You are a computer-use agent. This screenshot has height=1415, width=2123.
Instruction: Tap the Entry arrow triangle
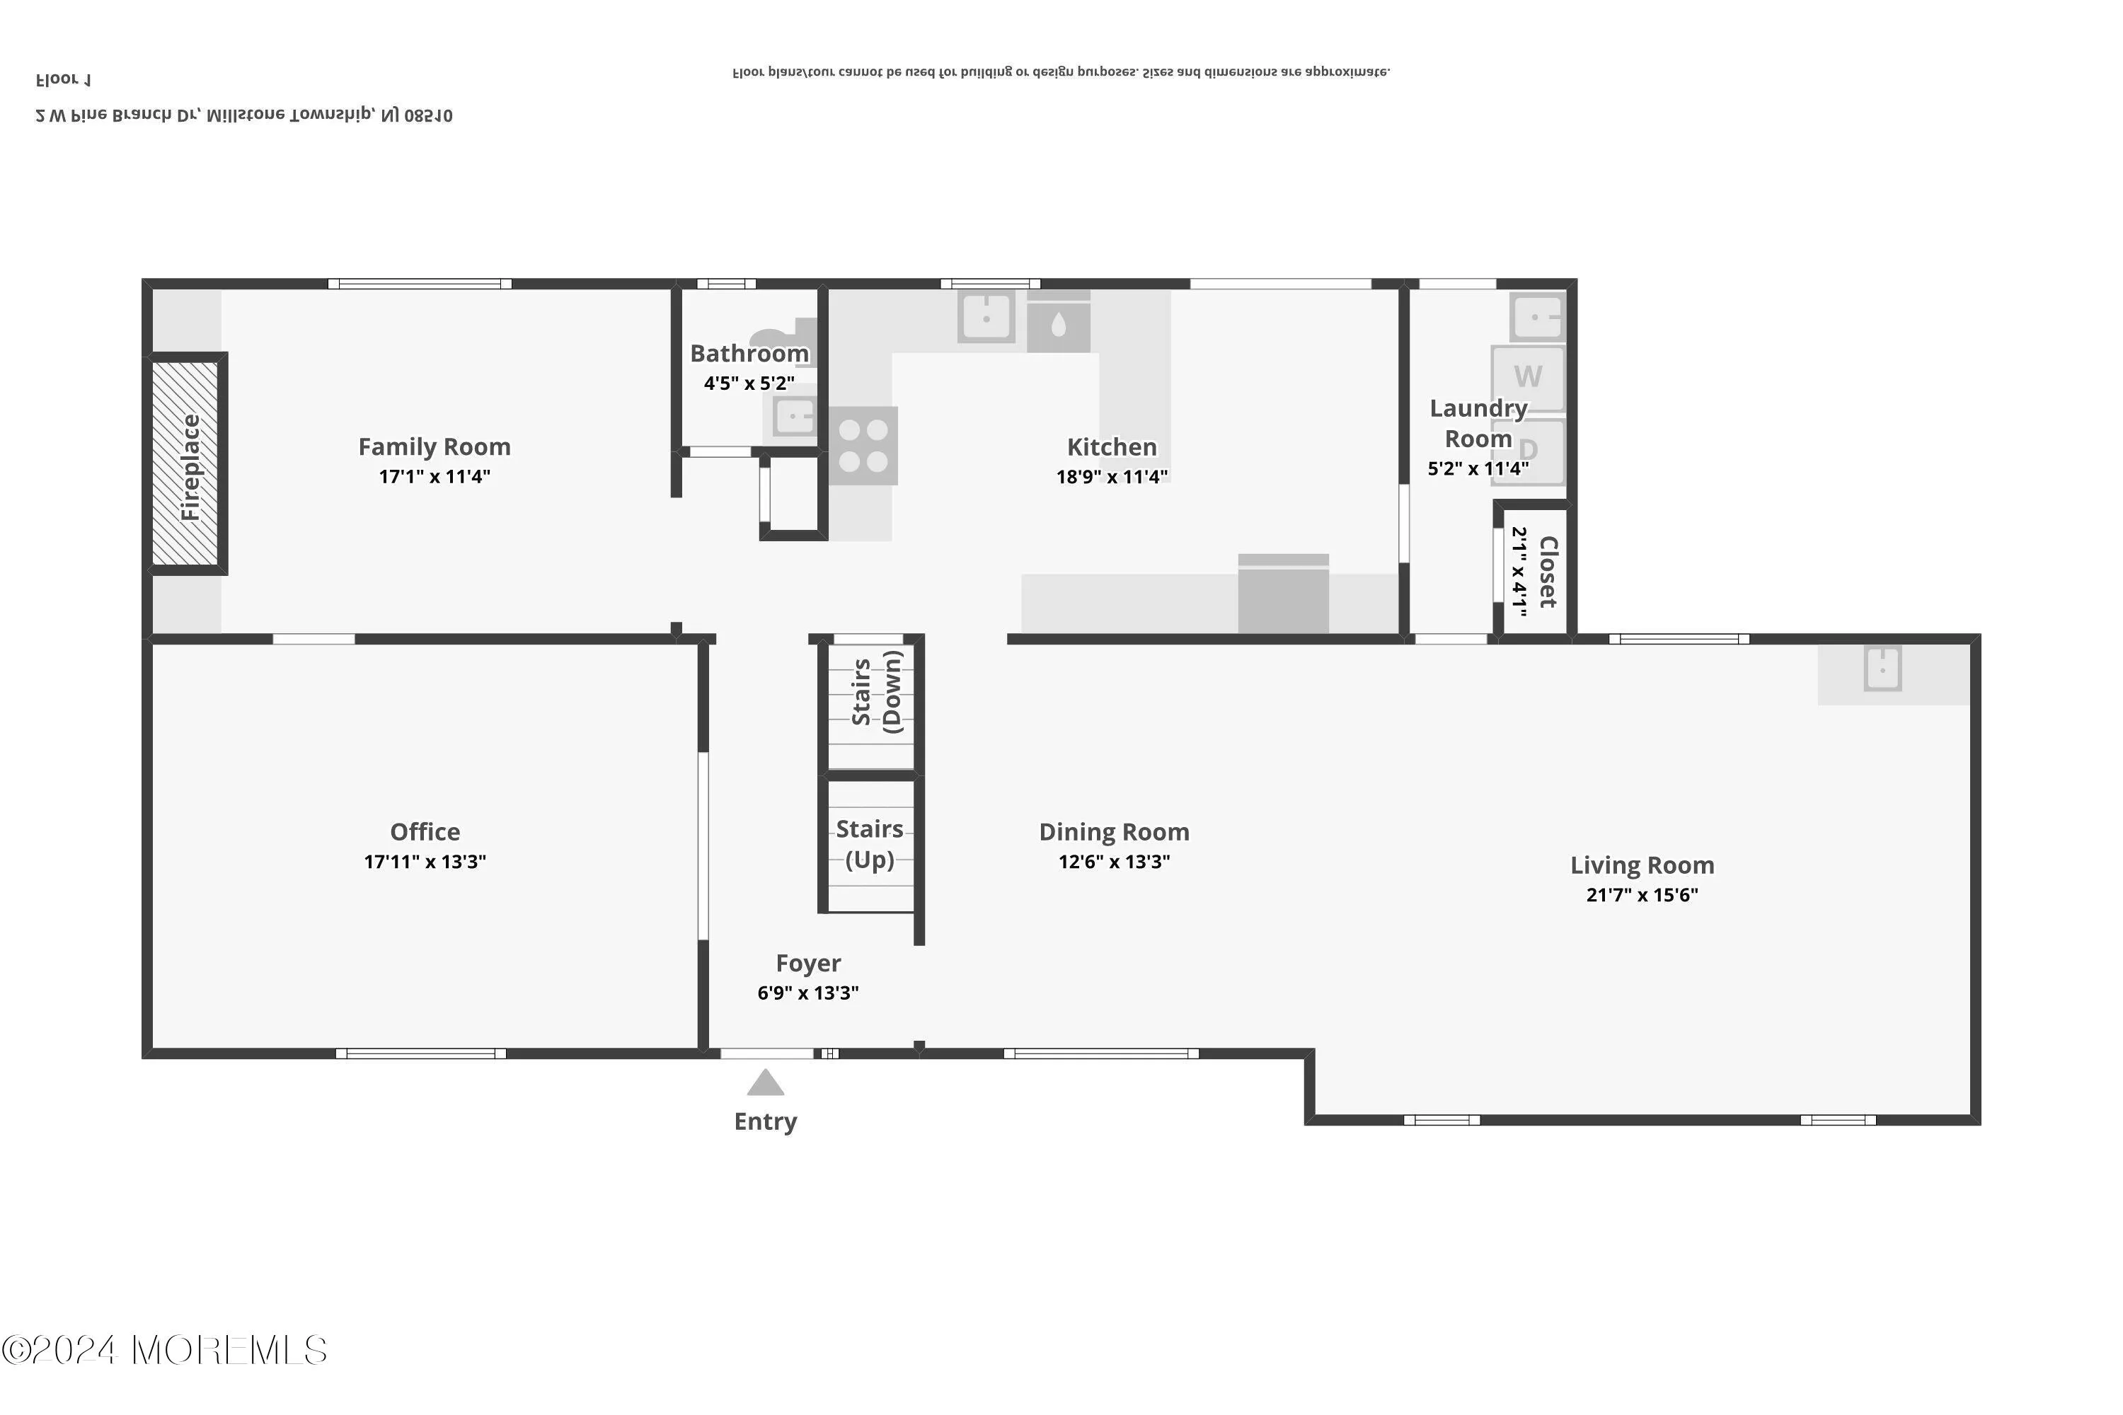[766, 1083]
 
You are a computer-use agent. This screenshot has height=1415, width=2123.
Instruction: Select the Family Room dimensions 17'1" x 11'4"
[435, 476]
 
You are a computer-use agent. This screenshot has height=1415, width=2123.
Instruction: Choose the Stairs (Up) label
[869, 844]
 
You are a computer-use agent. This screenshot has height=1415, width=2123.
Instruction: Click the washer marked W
[1527, 376]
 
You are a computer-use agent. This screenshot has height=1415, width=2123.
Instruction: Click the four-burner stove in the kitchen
[863, 446]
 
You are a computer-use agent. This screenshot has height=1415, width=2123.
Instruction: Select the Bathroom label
[749, 354]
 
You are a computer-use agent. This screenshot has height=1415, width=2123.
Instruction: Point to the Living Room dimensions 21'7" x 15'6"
[1642, 895]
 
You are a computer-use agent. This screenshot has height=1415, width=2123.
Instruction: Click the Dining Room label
[1114, 831]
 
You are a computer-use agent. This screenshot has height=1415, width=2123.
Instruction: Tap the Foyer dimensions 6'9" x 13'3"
[808, 993]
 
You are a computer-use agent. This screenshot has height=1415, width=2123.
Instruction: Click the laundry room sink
[1536, 317]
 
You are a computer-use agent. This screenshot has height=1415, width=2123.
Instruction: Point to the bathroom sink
[794, 417]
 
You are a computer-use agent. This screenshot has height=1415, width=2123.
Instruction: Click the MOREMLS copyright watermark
[164, 1351]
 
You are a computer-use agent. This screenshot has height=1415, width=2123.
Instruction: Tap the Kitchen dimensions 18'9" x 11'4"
[1112, 476]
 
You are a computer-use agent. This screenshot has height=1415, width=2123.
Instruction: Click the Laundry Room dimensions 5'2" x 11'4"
[1478, 468]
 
